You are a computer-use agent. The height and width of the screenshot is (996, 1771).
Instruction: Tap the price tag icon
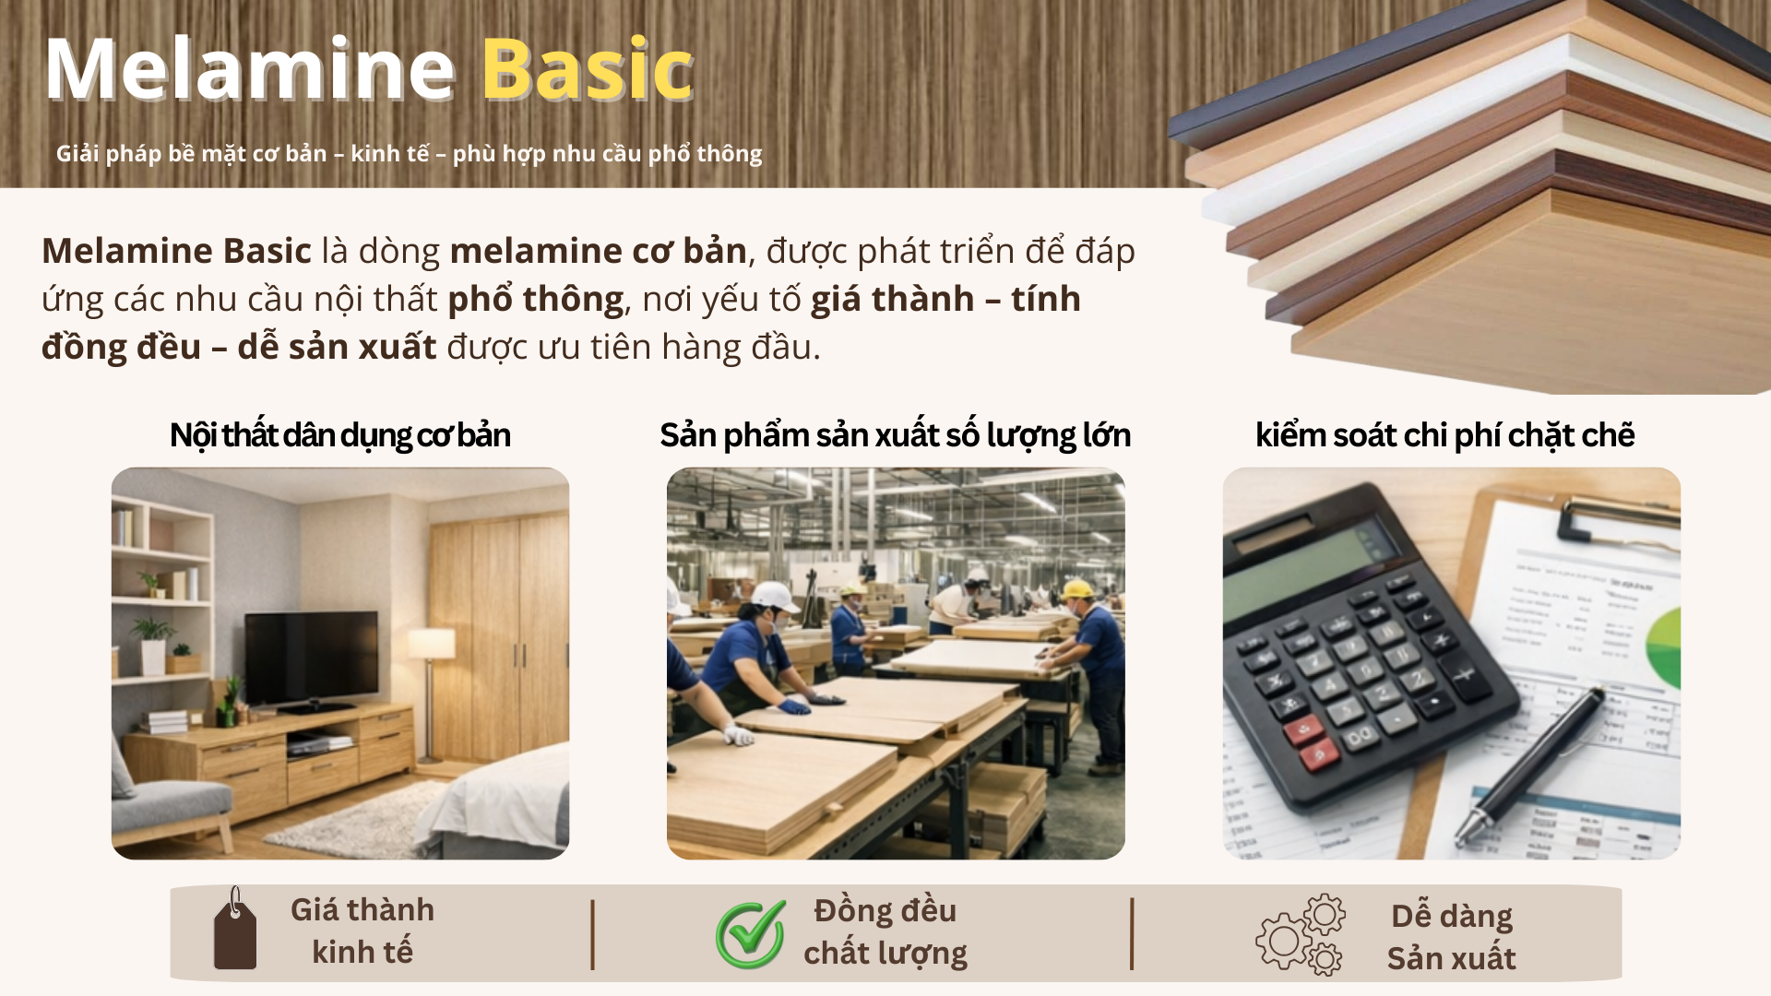point(234,930)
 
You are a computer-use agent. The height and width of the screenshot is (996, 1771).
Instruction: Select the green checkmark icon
point(751,934)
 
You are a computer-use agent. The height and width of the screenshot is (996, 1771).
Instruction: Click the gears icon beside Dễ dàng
point(1301,934)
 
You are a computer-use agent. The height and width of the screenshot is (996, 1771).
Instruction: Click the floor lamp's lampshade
point(431,644)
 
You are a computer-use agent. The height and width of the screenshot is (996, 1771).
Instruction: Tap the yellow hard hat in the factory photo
point(1076,589)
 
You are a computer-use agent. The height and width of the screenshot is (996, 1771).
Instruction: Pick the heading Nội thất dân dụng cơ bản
point(340,435)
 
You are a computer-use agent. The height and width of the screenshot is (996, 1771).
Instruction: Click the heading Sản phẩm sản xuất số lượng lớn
point(895,435)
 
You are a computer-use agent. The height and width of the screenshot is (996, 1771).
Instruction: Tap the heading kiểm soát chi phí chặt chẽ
point(1444,435)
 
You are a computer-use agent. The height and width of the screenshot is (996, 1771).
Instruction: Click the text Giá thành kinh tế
point(363,931)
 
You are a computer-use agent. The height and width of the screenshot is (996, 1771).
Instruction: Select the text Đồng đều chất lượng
point(885,931)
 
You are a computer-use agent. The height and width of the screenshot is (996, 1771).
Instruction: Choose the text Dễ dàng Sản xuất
point(1452,937)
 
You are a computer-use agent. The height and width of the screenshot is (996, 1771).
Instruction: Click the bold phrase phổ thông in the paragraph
point(536,299)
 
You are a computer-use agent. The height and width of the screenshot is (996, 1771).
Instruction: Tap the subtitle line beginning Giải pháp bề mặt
point(410,153)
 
